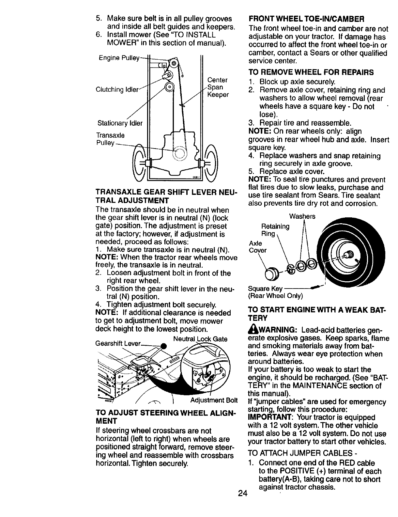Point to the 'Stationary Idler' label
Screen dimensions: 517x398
(x=120, y=123)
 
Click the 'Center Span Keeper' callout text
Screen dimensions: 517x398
(x=218, y=87)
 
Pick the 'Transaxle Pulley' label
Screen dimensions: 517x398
(x=110, y=139)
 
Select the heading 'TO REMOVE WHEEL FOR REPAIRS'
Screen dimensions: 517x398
(x=311, y=72)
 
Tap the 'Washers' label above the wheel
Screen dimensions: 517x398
(x=302, y=217)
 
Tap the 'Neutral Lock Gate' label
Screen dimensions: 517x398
(x=200, y=339)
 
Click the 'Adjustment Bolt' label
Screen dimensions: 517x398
(x=214, y=400)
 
